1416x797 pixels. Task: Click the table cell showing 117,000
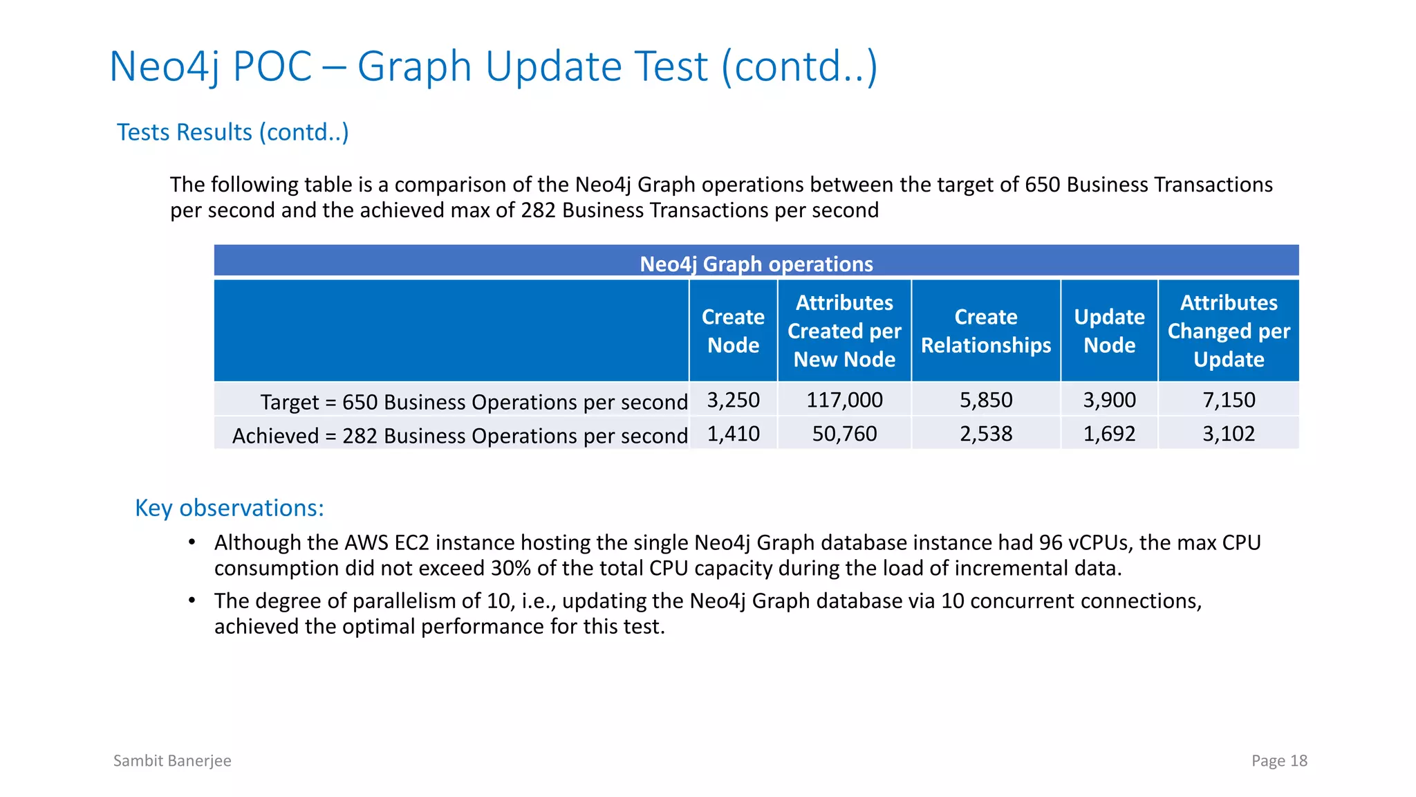click(x=844, y=400)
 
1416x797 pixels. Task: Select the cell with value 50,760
click(x=844, y=434)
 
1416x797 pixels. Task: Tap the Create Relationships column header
click(x=985, y=331)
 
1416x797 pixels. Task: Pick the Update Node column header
click(x=1109, y=331)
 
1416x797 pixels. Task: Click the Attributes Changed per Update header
click(x=1229, y=331)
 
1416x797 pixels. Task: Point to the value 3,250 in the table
click(x=733, y=400)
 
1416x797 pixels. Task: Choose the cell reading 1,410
click(x=733, y=434)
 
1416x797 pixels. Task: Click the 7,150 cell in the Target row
click(x=1229, y=400)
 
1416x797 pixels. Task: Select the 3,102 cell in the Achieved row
click(x=1229, y=434)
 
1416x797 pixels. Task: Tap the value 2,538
click(x=985, y=434)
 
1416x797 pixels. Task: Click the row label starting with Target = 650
click(x=473, y=402)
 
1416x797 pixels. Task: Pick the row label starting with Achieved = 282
click(x=459, y=436)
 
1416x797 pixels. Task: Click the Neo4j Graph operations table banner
click(x=756, y=264)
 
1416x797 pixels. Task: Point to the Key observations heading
click(x=229, y=508)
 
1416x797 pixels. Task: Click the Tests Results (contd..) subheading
click(x=232, y=132)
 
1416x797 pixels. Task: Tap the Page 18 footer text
click(x=1279, y=760)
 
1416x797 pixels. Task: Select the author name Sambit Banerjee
click(x=172, y=760)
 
